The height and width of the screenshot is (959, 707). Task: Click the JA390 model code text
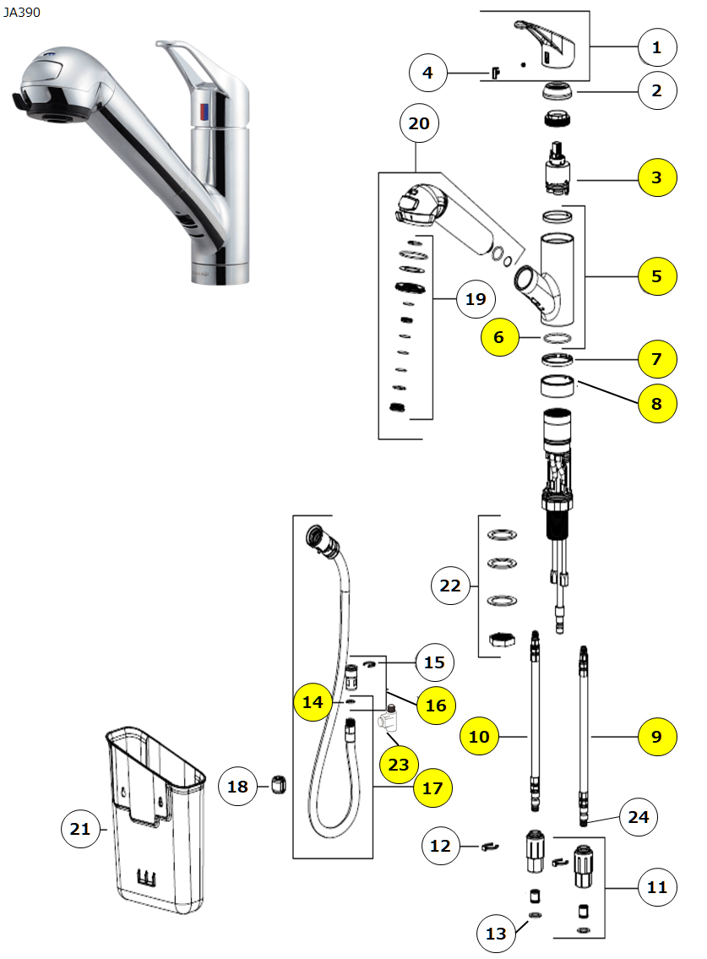click(x=20, y=12)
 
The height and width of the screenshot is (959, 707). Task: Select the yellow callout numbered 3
click(x=656, y=177)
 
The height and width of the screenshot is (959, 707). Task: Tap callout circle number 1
click(x=656, y=48)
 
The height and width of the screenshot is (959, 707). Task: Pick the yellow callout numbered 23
click(x=399, y=765)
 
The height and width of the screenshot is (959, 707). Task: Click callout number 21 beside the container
click(x=80, y=830)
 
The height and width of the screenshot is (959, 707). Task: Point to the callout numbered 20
click(x=419, y=124)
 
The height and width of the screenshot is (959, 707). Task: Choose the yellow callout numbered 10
click(x=479, y=737)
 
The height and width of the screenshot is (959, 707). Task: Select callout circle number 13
click(x=496, y=933)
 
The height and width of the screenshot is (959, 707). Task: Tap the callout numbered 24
click(x=639, y=816)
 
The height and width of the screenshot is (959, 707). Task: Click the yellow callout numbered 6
click(x=499, y=337)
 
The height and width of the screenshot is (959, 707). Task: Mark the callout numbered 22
click(x=451, y=585)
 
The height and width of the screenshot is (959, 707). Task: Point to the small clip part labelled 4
click(x=495, y=73)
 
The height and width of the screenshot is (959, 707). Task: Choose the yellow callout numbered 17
click(x=432, y=787)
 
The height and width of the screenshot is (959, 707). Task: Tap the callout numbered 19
click(x=476, y=298)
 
